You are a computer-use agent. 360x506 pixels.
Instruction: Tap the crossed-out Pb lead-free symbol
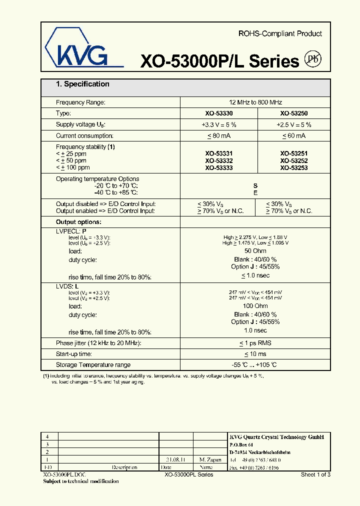pyautogui.click(x=313, y=59)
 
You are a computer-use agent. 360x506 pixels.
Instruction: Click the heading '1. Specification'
pyautogui.click(x=82, y=84)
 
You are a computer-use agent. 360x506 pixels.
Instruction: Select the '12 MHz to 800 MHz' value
pyautogui.click(x=255, y=102)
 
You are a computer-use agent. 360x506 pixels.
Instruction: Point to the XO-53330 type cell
pyautogui.click(x=218, y=113)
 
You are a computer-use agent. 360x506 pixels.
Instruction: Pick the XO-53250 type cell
pyautogui.click(x=293, y=113)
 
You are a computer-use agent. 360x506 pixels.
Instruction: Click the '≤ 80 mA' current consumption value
pyautogui.click(x=218, y=135)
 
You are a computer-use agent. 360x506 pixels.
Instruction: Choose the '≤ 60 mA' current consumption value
pyautogui.click(x=293, y=135)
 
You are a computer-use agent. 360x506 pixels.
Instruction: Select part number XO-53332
pyautogui.click(x=218, y=161)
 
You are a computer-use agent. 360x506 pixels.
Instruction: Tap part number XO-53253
pyautogui.click(x=293, y=168)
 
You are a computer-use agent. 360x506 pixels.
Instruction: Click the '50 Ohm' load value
pyautogui.click(x=255, y=250)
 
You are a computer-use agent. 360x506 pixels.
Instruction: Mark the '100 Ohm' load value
pyautogui.click(x=255, y=306)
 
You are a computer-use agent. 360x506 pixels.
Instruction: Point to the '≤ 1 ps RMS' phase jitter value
pyautogui.click(x=255, y=343)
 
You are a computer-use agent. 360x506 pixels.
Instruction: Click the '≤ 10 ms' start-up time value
pyautogui.click(x=255, y=354)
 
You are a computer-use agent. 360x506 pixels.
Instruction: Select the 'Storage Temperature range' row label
pyautogui.click(x=93, y=365)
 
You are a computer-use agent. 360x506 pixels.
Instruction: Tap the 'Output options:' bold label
pyautogui.click(x=78, y=222)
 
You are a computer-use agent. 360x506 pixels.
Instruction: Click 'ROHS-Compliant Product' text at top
pyautogui.click(x=280, y=33)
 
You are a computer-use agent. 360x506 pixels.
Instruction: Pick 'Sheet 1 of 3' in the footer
pyautogui.click(x=315, y=474)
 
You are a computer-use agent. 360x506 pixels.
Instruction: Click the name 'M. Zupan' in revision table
pyautogui.click(x=209, y=459)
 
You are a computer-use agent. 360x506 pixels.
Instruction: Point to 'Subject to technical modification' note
pyautogui.click(x=81, y=481)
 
